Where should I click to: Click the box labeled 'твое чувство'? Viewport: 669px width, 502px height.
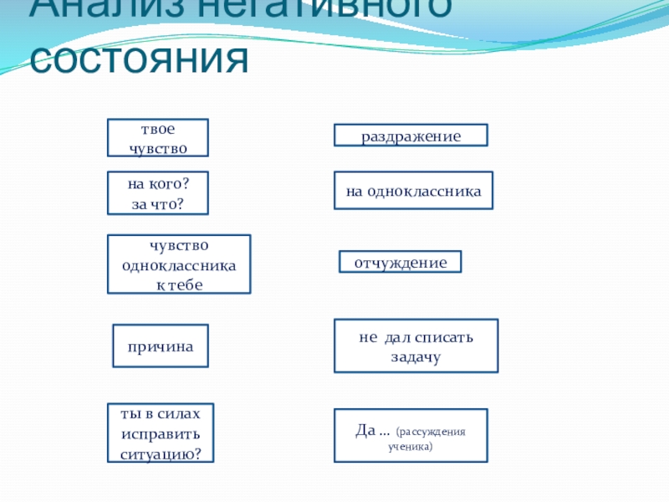(157, 138)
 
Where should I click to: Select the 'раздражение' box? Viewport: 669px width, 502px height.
(411, 136)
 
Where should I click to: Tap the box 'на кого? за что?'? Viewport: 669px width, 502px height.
(157, 193)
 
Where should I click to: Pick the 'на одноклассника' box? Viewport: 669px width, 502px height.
(413, 192)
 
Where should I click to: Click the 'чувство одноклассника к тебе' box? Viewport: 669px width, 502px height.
(179, 264)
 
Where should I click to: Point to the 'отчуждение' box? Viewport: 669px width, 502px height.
(400, 262)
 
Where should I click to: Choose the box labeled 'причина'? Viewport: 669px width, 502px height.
(161, 346)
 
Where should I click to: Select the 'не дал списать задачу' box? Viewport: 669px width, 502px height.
(416, 346)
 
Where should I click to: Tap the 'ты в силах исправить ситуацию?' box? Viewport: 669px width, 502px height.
(161, 433)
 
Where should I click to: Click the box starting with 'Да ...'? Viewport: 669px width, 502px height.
(411, 435)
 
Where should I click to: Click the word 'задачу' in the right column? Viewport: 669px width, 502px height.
(416, 356)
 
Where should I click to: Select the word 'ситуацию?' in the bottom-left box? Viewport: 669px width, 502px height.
(161, 453)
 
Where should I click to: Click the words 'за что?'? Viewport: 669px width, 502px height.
(157, 203)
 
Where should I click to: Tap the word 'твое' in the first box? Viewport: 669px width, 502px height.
(157, 129)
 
